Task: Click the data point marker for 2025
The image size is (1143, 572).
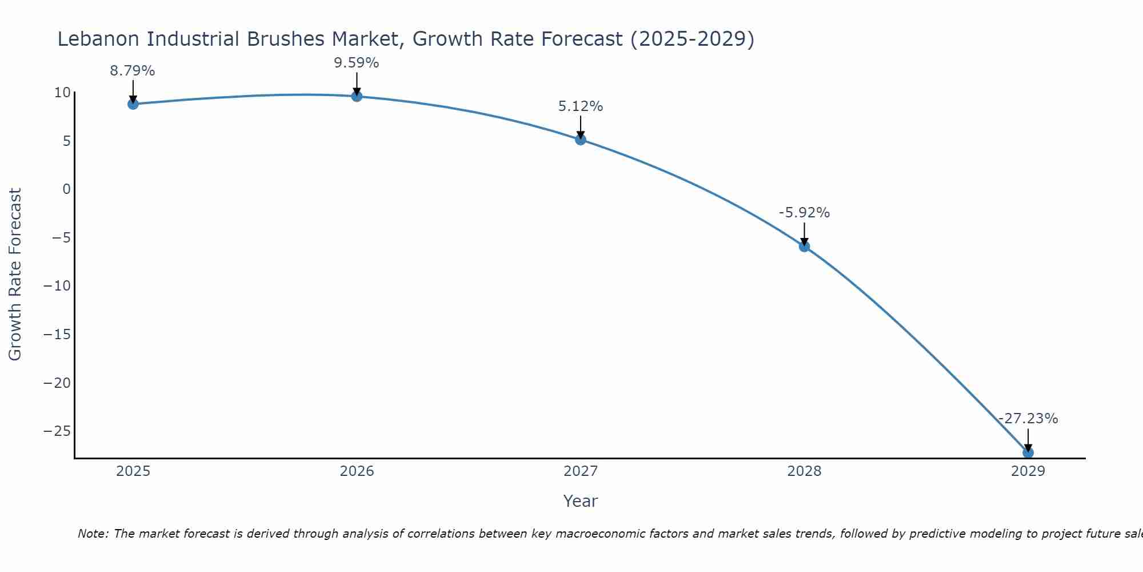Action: coord(133,104)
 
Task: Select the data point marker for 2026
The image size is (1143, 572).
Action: coord(357,96)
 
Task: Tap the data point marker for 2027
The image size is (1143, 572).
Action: coord(581,139)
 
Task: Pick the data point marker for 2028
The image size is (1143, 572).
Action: coord(804,247)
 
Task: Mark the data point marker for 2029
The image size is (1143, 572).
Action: coord(1028,452)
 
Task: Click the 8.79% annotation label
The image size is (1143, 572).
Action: coord(133,71)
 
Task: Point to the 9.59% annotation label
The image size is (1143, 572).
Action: coord(357,63)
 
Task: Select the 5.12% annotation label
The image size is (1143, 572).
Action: coord(581,106)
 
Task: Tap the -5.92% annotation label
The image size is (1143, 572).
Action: coord(804,213)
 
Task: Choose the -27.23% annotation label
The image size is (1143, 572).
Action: coord(1028,419)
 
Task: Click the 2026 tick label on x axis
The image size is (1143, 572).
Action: coord(357,471)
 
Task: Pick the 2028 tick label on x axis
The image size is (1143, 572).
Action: coord(804,471)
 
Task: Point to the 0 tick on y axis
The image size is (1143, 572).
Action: coord(66,189)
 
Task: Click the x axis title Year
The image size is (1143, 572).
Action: coord(581,501)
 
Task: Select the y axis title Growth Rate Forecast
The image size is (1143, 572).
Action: coord(15,275)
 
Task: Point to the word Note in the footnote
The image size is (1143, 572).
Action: coord(92,534)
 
